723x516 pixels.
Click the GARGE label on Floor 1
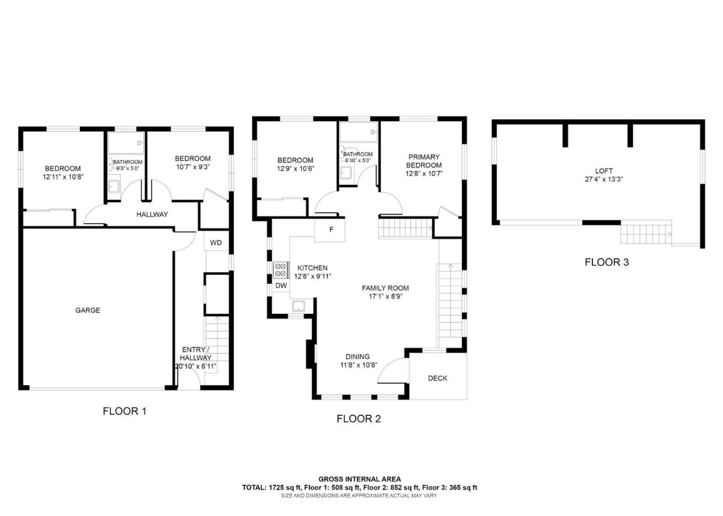pyautogui.click(x=88, y=310)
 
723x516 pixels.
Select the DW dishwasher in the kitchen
pyautogui.click(x=281, y=285)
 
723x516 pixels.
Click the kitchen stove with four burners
pyautogui.click(x=281, y=270)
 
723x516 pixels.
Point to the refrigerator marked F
pyautogui.click(x=330, y=230)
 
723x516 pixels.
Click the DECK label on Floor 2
pyautogui.click(x=438, y=378)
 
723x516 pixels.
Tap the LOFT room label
pyautogui.click(x=604, y=171)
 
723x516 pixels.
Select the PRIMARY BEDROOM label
pyautogui.click(x=424, y=161)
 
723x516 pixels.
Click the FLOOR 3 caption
pyautogui.click(x=607, y=262)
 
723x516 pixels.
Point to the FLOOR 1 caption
pyautogui.click(x=125, y=411)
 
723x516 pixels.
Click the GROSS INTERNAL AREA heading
pyautogui.click(x=359, y=479)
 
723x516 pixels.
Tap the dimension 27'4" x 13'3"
pyautogui.click(x=604, y=180)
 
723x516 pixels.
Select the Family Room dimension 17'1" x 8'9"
pyautogui.click(x=386, y=296)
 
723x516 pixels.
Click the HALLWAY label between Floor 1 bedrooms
pyautogui.click(x=152, y=214)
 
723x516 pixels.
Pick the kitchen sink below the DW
pyautogui.click(x=299, y=306)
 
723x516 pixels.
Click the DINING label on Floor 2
pyautogui.click(x=357, y=357)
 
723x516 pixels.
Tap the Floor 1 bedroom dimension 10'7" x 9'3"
pyautogui.click(x=193, y=167)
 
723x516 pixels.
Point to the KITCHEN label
pyautogui.click(x=312, y=268)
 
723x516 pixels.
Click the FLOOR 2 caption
pyautogui.click(x=358, y=419)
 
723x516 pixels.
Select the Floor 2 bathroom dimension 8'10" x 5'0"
pyautogui.click(x=358, y=160)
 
